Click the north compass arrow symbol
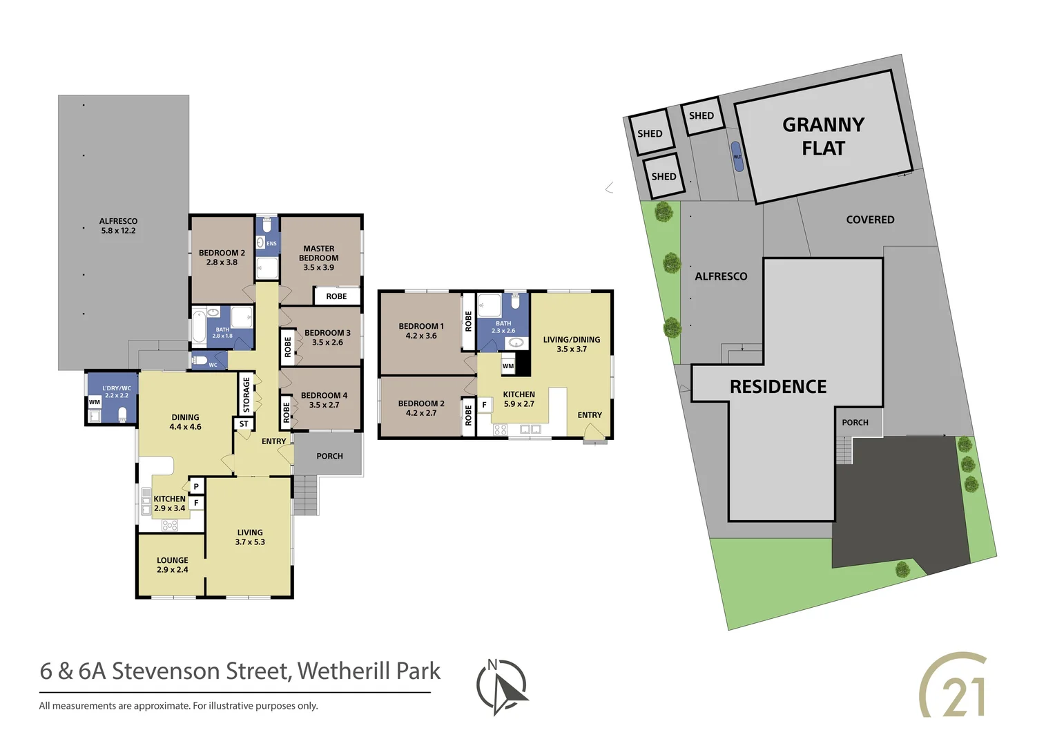(503, 687)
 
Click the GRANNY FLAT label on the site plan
(823, 136)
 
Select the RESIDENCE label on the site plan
(778, 387)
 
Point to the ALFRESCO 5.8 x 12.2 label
(118, 226)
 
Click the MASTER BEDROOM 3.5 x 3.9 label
(319, 258)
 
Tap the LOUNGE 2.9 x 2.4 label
(172, 565)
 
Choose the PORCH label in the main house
(329, 456)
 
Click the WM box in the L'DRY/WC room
(94, 402)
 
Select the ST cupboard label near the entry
(244, 423)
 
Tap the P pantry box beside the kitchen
(196, 486)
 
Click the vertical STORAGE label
(246, 394)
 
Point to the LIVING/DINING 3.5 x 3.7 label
(572, 344)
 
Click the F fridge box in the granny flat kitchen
(484, 405)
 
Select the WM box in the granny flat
(508, 366)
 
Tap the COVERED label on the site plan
(870, 220)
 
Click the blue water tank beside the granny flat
(737, 156)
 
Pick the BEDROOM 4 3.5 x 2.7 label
(324, 400)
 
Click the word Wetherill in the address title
(334, 671)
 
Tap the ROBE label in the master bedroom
(336, 296)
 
